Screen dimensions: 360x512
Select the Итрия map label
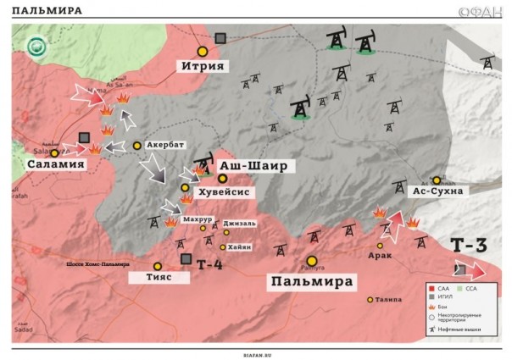[202, 65]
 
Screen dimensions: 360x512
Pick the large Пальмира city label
[312, 280]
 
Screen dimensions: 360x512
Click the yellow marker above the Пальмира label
[312, 261]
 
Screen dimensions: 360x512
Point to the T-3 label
[468, 246]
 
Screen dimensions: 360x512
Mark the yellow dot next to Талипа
[370, 299]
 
